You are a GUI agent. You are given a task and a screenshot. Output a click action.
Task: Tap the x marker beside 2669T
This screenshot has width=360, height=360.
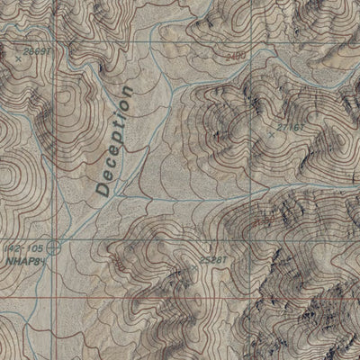[x=18, y=58]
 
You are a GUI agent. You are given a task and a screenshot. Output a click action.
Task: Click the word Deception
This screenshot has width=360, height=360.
[x=114, y=141]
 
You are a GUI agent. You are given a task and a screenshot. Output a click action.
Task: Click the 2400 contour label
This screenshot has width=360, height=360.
[x=237, y=57]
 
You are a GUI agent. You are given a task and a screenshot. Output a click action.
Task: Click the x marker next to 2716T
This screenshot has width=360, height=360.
[x=272, y=135]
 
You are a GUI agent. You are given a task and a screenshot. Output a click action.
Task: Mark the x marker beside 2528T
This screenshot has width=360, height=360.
[x=193, y=267]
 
